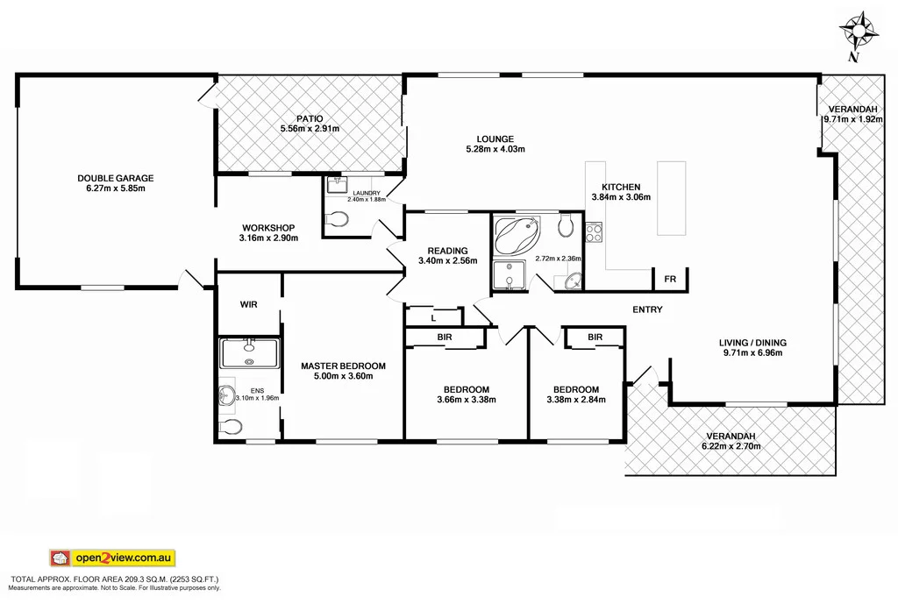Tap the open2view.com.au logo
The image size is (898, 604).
click(x=111, y=558)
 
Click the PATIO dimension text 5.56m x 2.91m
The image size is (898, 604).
click(x=310, y=129)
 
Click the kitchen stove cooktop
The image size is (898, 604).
click(x=593, y=233)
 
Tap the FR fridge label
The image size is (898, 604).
click(x=670, y=280)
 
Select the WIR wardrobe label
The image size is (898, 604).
click(x=248, y=304)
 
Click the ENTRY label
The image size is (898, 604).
click(x=647, y=309)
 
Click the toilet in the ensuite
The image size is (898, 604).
click(x=232, y=427)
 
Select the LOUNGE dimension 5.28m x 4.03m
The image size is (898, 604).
click(x=495, y=149)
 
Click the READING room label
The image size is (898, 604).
click(x=436, y=250)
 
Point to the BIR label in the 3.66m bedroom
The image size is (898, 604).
click(x=445, y=337)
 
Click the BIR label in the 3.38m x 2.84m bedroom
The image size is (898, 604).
click(x=595, y=337)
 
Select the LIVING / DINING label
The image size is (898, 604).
click(x=753, y=342)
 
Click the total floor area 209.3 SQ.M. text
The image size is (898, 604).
click(x=114, y=579)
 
